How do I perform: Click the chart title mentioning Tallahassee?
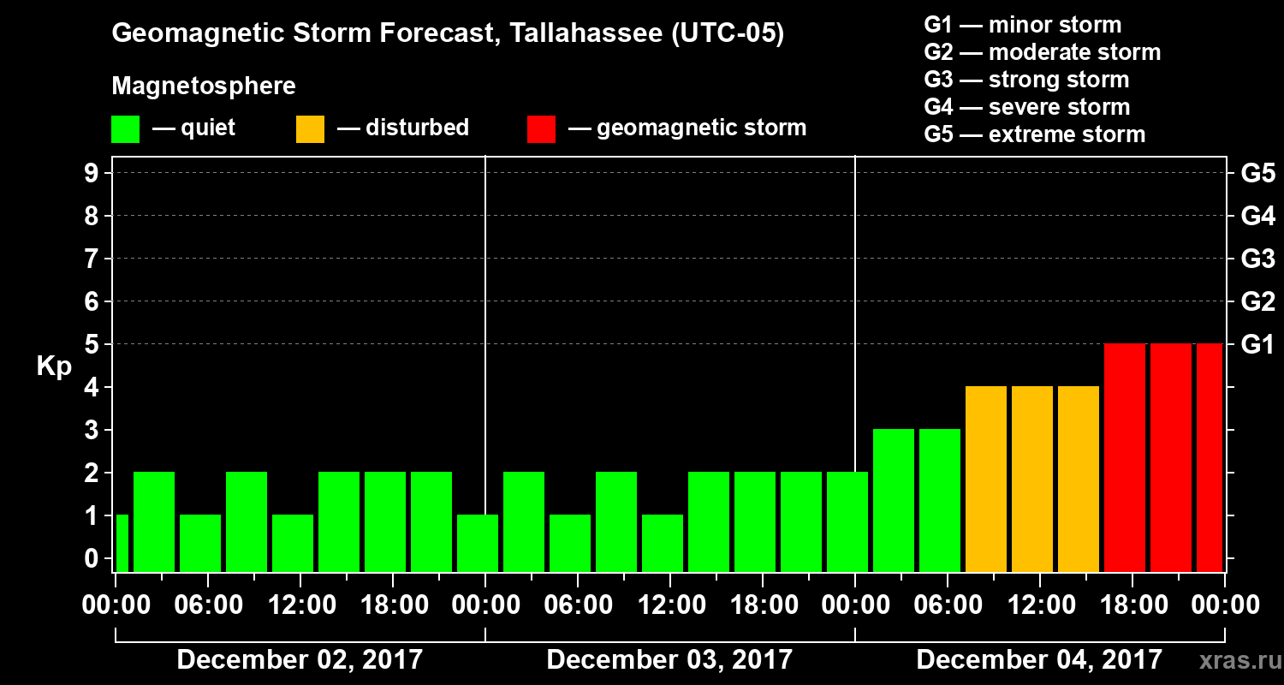click(x=448, y=34)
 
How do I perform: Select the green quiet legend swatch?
click(x=125, y=129)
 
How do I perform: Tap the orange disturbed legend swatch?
click(x=310, y=129)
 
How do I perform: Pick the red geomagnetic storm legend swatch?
click(x=541, y=129)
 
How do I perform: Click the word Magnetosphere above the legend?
click(x=204, y=86)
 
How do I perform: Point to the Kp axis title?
click(x=54, y=366)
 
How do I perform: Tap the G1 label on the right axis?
click(x=1257, y=345)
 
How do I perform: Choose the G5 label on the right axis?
click(x=1257, y=174)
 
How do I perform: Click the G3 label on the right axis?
click(x=1257, y=259)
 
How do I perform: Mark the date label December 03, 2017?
click(x=669, y=659)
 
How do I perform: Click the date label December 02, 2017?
click(x=300, y=659)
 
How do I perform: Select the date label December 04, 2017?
click(x=1039, y=659)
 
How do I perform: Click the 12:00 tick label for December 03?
click(x=669, y=605)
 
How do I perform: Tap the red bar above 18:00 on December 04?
click(x=1125, y=457)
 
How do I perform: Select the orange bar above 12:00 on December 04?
click(x=1032, y=479)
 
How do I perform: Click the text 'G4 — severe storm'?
click(x=1027, y=107)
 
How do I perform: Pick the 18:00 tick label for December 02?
click(x=392, y=605)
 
